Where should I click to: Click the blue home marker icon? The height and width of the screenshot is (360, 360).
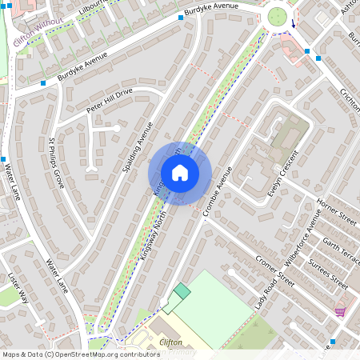point(180,173)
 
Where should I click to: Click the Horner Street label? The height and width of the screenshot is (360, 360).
point(336,211)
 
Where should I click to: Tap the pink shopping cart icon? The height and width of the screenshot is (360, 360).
point(340,311)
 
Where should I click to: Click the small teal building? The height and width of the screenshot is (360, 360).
point(182,291)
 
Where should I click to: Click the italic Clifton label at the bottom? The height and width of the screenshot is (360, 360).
point(172,342)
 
